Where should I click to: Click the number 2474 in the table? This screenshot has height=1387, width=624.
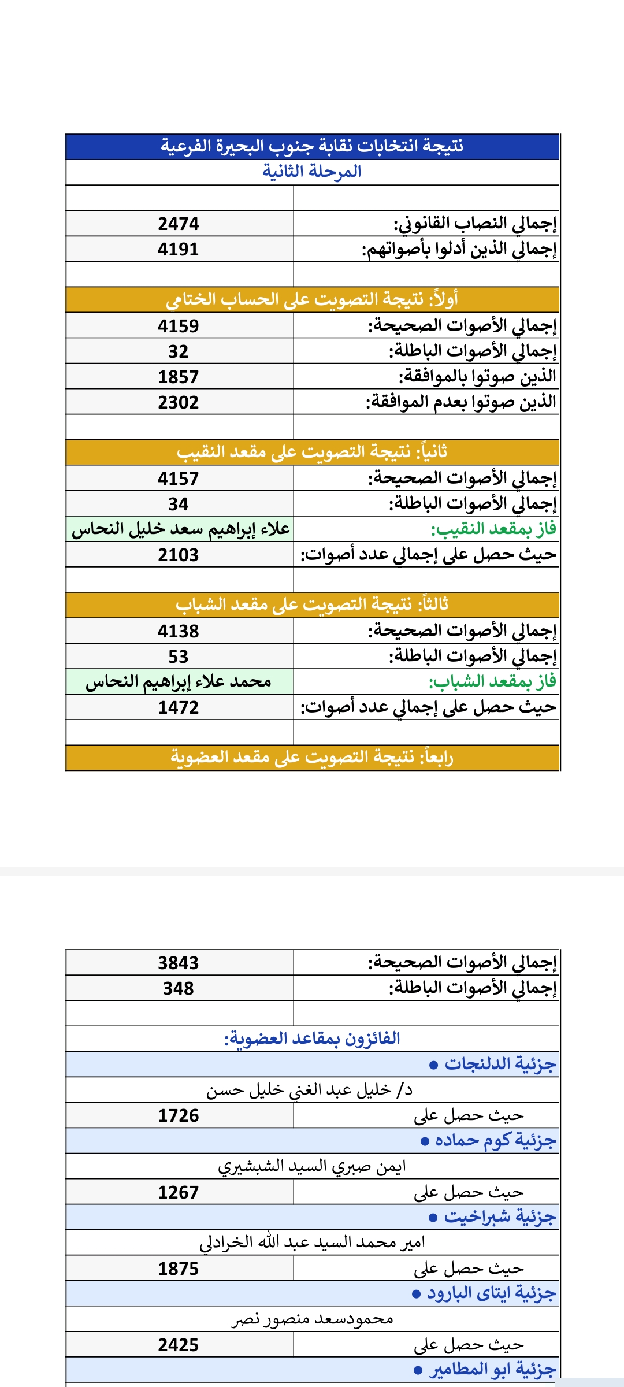click(x=179, y=224)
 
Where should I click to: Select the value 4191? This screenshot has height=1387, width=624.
click(x=179, y=249)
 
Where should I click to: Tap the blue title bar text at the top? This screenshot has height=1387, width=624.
click(x=312, y=146)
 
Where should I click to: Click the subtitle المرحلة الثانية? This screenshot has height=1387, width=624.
click(x=312, y=172)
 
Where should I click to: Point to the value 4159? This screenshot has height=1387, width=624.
click(x=179, y=326)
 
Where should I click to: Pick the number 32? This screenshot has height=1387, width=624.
click(x=179, y=351)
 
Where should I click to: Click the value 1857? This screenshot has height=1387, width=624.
click(x=179, y=377)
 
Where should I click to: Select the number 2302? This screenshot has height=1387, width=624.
click(x=179, y=402)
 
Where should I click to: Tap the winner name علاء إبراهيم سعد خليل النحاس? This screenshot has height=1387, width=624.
click(x=180, y=529)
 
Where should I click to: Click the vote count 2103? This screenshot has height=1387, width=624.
click(x=179, y=555)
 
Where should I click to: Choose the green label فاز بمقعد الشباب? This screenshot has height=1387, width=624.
click(x=492, y=682)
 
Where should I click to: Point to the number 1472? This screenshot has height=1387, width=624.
click(x=179, y=707)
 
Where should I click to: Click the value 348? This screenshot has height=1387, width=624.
click(x=179, y=988)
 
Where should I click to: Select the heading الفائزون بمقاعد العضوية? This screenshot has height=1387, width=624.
click(x=312, y=1039)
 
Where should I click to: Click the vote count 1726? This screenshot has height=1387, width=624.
click(x=179, y=1115)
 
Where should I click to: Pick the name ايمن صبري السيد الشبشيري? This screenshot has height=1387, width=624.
click(x=312, y=1166)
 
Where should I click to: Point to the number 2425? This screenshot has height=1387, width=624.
click(x=179, y=1345)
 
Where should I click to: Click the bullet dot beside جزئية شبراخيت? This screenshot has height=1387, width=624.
click(x=433, y=1218)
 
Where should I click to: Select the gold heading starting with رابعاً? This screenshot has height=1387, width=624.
click(x=312, y=757)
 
